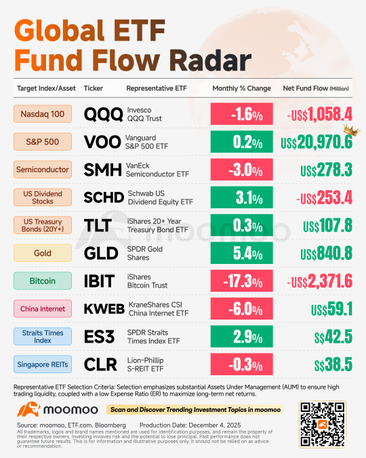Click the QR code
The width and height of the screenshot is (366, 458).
tap(323, 424)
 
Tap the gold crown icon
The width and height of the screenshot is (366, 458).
tap(351, 130)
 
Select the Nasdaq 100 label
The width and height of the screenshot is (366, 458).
tap(43, 114)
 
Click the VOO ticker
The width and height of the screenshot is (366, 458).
tap(102, 142)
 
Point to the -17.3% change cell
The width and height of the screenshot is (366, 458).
tap(242, 281)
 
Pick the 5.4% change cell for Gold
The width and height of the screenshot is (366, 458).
tap(242, 253)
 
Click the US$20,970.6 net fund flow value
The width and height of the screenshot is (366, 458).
tap(317, 142)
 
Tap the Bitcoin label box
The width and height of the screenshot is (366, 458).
tap(43, 281)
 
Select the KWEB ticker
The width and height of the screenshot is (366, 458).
tap(104, 309)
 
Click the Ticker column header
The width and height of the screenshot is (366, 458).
tap(94, 88)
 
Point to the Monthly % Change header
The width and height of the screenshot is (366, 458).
tap(242, 88)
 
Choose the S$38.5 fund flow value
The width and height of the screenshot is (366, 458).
tap(333, 364)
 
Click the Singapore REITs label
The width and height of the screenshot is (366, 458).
tap(43, 364)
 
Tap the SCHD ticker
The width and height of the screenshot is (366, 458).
tap(104, 197)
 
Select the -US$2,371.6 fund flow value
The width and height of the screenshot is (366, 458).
tap(320, 281)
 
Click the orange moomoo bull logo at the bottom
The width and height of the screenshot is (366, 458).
tap(28, 409)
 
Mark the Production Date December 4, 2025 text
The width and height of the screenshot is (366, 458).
tap(190, 425)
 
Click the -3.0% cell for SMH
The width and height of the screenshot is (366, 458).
tap(242, 170)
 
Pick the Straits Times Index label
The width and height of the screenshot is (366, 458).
tap(43, 337)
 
